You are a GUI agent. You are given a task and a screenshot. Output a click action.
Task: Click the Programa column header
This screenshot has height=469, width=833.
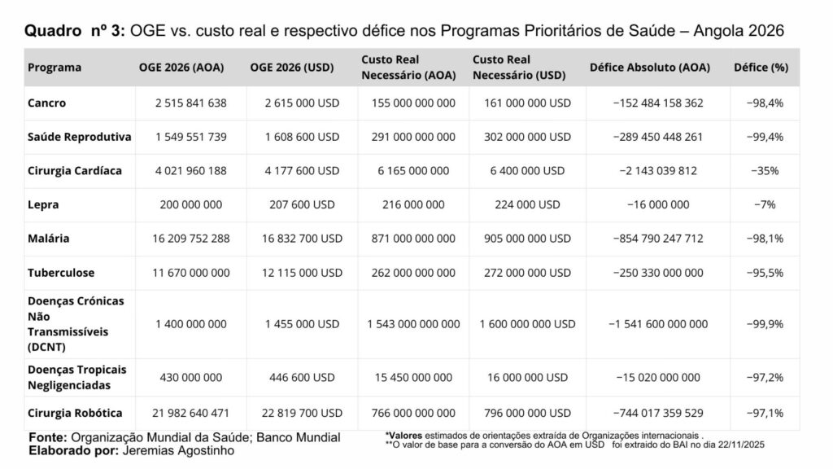click(x=55, y=68)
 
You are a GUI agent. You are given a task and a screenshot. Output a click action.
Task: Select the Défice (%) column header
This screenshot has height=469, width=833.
click(x=761, y=68)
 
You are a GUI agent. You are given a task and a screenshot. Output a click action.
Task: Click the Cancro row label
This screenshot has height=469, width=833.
click(x=46, y=103)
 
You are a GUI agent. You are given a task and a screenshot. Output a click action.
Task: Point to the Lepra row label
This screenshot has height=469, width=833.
click(x=43, y=204)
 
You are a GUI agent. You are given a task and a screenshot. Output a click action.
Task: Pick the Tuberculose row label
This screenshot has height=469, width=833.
click(x=61, y=273)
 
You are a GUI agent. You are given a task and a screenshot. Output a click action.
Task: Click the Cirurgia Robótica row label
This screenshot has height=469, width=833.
click(x=75, y=413)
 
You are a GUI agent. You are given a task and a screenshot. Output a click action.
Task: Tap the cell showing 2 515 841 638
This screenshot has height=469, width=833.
click(x=191, y=103)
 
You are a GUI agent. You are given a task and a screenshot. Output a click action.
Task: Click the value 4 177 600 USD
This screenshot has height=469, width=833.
click(x=302, y=171)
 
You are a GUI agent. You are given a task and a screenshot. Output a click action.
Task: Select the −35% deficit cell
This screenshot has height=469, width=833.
click(x=764, y=171)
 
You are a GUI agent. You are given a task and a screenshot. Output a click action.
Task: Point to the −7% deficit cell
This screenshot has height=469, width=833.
click(x=764, y=204)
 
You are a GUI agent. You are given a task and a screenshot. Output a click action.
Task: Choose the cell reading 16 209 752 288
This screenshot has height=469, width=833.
click(x=191, y=239)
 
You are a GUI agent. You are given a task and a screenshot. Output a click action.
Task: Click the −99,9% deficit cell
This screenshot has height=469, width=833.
click(x=764, y=324)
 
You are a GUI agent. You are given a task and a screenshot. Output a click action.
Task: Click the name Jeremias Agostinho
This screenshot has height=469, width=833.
click(x=177, y=450)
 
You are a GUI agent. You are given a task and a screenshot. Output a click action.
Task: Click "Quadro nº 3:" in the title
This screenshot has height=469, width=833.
click(x=75, y=31)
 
